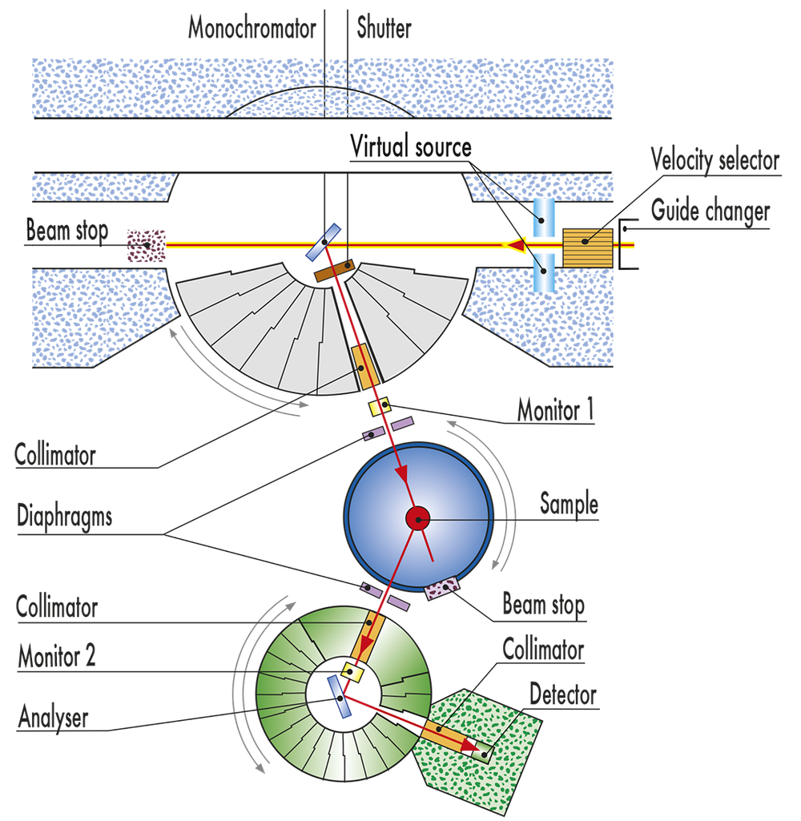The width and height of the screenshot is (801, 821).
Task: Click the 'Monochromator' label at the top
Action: (x=252, y=29)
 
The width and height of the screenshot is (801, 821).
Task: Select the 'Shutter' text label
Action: (x=383, y=29)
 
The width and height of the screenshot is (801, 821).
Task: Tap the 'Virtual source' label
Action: (x=410, y=146)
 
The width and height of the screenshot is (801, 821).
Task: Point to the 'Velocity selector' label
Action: (x=714, y=160)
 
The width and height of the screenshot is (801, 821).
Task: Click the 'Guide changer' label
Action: (x=710, y=211)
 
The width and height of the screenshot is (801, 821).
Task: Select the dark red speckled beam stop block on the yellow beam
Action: (x=146, y=245)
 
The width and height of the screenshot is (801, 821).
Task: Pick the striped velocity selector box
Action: (x=587, y=247)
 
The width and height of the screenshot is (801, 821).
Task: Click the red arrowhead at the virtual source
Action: (x=519, y=243)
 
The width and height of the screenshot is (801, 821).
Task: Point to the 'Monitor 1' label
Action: (x=555, y=411)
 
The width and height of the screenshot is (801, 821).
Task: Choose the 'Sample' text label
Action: (x=569, y=504)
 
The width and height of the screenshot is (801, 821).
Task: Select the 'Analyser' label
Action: (x=53, y=716)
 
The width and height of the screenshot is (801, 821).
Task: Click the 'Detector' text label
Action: (x=563, y=694)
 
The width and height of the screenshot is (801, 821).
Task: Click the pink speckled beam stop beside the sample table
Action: (x=439, y=590)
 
